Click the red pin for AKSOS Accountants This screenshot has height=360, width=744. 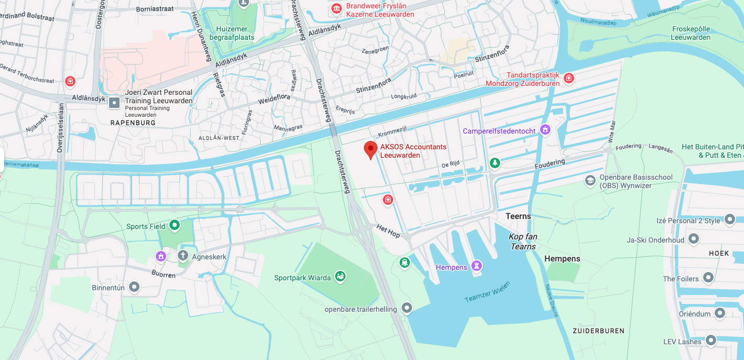click(371, 149)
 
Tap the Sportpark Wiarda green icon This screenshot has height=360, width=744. click(340, 276)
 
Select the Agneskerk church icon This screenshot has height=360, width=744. click(182, 256)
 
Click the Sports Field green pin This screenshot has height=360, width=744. click(174, 226)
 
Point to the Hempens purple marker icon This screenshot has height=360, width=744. click(476, 266)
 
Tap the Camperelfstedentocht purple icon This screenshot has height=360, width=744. click(545, 129)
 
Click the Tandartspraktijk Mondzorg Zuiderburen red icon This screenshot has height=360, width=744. click(569, 79)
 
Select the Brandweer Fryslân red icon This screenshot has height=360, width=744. click(336, 8)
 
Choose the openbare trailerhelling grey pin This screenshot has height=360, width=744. click(407, 308)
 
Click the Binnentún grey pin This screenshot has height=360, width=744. click(134, 287)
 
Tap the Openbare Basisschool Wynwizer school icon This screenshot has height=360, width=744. click(590, 181)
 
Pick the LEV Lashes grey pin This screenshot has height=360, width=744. click(711, 341)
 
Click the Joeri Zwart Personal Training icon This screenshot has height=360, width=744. click(114, 103)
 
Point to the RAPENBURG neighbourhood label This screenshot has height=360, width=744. click(133, 123)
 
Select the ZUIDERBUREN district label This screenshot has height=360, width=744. click(598, 331)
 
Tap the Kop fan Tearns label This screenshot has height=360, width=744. click(523, 242)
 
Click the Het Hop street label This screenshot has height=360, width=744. click(388, 231)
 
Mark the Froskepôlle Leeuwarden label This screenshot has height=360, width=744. click(691, 33)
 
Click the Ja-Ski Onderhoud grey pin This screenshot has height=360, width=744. click(694, 239)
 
